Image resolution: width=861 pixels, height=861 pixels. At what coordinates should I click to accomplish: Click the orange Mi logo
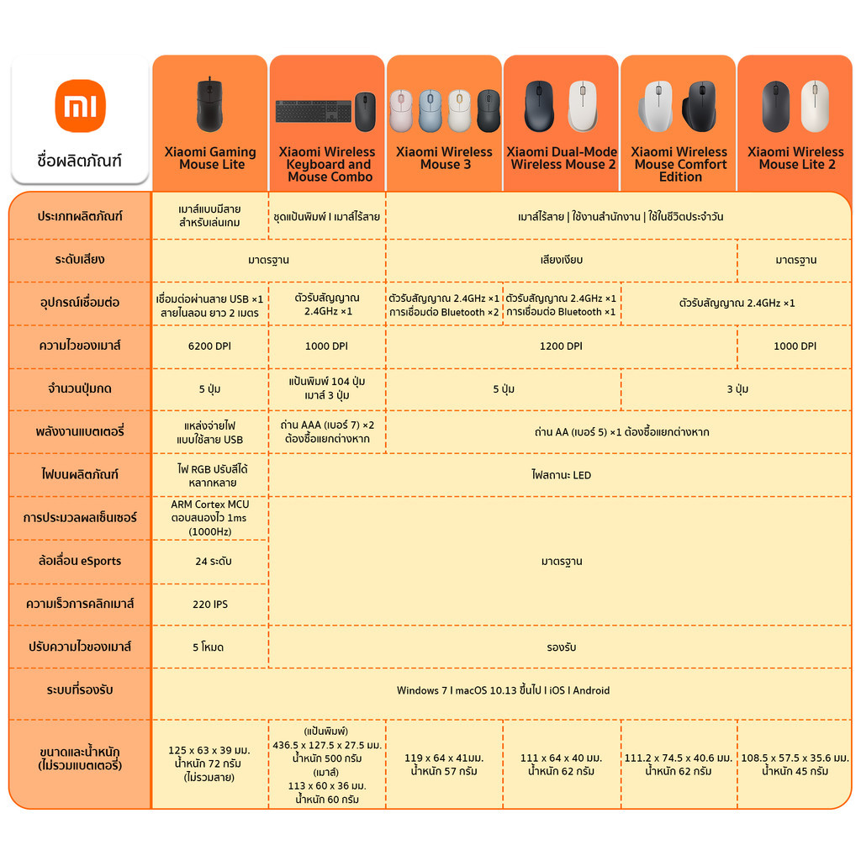point(80,106)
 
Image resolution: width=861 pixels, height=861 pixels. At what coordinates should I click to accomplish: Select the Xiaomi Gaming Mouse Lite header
point(210,158)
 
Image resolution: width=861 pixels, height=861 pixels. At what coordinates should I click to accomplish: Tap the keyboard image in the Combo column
point(314,112)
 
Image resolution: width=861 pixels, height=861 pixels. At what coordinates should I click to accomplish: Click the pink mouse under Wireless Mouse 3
point(401,110)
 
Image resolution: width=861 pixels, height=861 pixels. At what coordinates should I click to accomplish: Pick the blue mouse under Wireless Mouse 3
point(430,110)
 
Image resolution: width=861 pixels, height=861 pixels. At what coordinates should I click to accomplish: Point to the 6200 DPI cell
point(209,346)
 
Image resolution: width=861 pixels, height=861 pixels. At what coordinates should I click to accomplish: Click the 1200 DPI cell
point(561,346)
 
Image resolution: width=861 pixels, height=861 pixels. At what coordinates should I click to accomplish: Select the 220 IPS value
point(210,605)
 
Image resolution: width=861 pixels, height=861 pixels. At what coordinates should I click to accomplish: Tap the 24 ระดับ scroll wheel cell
point(214,562)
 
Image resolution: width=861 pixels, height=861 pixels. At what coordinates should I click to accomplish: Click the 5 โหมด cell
point(209,647)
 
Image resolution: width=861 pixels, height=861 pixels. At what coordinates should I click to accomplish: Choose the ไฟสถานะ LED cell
point(561,475)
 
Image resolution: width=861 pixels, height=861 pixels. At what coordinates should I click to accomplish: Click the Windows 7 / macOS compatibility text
point(504,690)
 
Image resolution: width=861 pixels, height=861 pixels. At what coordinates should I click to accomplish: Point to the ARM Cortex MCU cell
point(209,518)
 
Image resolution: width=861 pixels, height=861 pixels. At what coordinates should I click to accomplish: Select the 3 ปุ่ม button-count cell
point(737,389)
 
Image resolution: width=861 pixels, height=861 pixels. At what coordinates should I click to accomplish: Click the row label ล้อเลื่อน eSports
point(80,561)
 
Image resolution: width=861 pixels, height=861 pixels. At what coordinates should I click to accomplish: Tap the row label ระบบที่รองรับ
point(80,690)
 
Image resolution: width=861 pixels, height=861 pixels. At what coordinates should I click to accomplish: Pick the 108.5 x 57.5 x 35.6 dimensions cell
point(795,764)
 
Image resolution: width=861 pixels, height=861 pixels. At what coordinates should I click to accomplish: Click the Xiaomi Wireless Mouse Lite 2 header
point(795,158)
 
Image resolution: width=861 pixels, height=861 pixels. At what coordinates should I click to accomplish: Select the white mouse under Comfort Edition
point(657,106)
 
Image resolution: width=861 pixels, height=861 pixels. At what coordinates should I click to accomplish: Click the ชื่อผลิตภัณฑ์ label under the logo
point(80,161)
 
